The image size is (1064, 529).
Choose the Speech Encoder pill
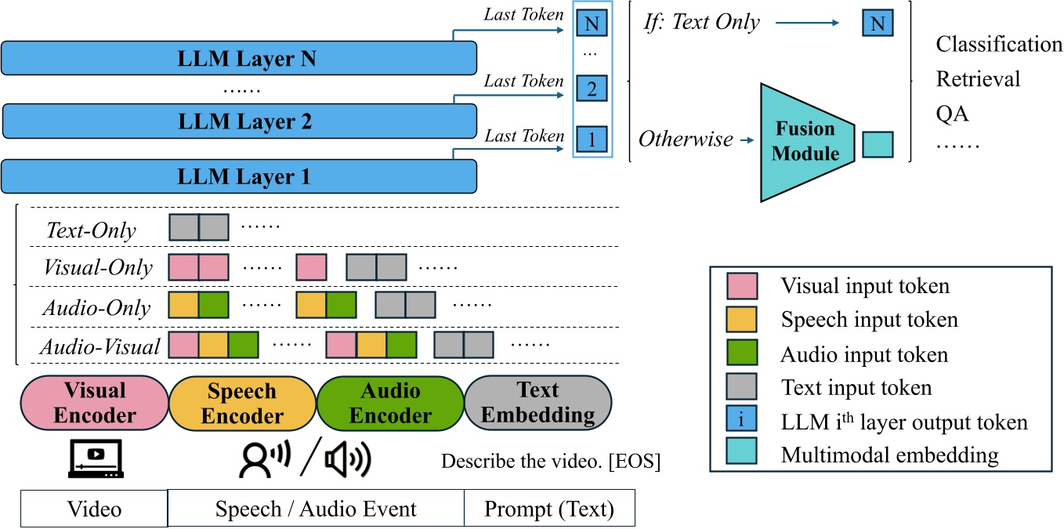click(x=242, y=403)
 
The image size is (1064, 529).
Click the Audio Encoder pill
click(x=390, y=403)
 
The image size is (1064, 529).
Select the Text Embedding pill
click(x=537, y=403)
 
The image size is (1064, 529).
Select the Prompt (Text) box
click(x=549, y=509)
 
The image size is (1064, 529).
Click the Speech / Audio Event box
click(x=316, y=509)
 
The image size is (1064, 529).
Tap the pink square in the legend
click(x=741, y=286)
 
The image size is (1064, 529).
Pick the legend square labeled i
click(x=741, y=422)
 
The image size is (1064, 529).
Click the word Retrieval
click(x=978, y=79)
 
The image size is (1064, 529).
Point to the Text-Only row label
click(x=91, y=230)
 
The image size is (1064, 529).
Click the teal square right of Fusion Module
click(x=878, y=144)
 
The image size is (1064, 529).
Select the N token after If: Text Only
click(x=878, y=24)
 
